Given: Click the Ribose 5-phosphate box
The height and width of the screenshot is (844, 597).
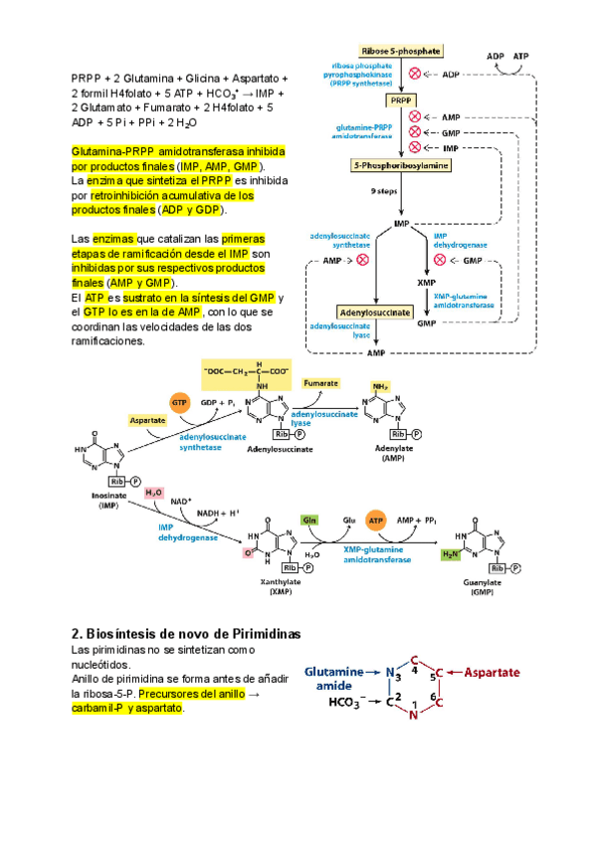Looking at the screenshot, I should click(x=402, y=51).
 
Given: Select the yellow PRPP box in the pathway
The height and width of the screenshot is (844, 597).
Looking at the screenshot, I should click(x=400, y=101).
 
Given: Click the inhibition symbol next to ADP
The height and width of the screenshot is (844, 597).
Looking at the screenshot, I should click(x=416, y=74).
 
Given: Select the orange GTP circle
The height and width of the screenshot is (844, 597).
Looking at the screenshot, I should click(x=180, y=402).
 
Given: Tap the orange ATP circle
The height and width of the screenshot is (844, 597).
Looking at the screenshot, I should click(x=377, y=520).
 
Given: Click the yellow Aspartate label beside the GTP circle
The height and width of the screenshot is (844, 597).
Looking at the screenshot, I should click(x=147, y=421).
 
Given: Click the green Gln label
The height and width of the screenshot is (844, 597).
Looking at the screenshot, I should click(x=310, y=520).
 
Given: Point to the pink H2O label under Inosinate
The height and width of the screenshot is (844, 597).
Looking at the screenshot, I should click(x=154, y=493).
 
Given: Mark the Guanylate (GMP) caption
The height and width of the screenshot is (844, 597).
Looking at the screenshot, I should click(x=478, y=586).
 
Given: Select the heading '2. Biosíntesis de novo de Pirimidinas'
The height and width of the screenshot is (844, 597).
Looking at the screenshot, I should click(x=186, y=634).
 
